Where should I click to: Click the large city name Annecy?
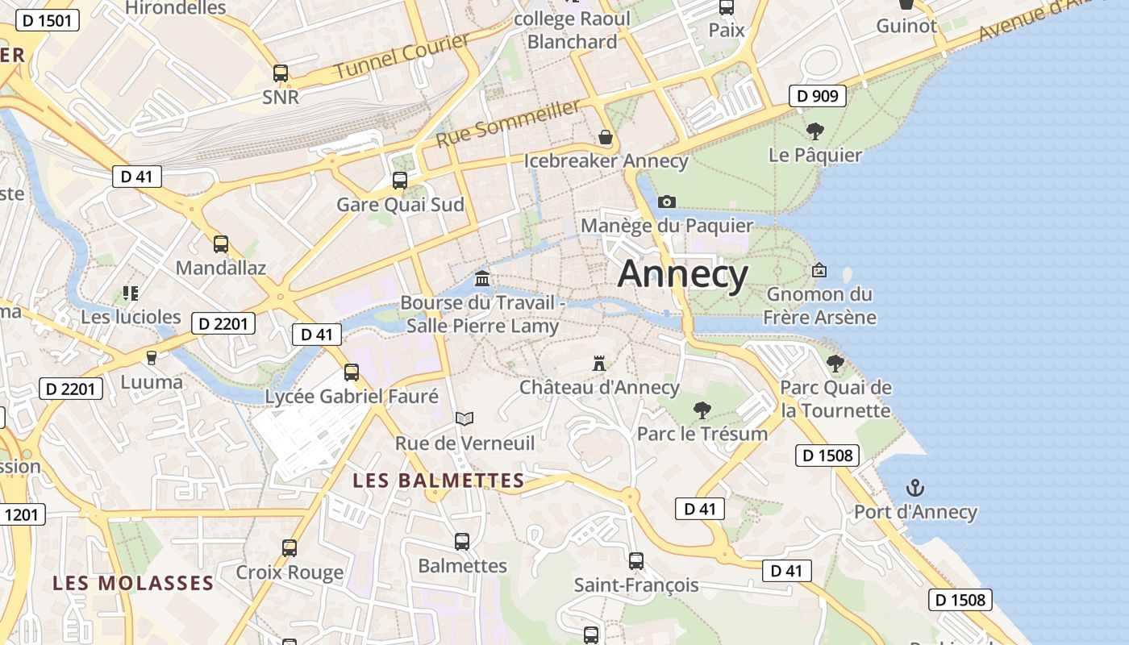coord(683,274)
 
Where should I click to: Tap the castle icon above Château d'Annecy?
coord(598,364)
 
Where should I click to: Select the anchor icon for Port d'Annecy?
coord(914,488)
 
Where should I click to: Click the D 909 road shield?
coord(817,96)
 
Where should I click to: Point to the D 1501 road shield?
coord(48,20)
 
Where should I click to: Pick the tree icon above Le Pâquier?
coord(815,131)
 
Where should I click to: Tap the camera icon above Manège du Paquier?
coord(667,202)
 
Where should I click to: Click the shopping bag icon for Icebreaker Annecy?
coord(606,137)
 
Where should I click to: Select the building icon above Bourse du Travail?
coord(482,279)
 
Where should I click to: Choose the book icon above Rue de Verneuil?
coord(465,418)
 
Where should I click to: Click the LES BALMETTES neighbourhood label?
coord(439,481)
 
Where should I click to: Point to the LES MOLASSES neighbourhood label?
coord(133,582)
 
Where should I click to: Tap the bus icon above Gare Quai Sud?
coord(400,181)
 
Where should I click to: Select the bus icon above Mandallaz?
coord(221,243)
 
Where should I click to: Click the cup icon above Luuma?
coord(151,357)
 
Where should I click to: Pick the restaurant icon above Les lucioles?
coord(131,293)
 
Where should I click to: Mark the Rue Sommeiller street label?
coord(508,123)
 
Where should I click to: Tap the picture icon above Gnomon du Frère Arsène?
coord(819,270)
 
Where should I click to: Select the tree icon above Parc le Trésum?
coord(702,410)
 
